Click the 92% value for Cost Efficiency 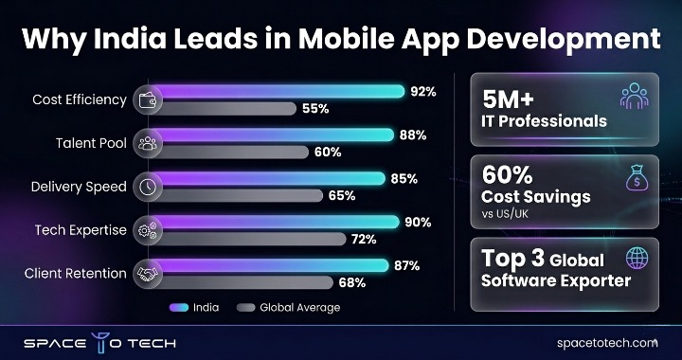pos(422,92)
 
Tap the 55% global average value pos(315,109)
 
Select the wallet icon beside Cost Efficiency pos(147,99)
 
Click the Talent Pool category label pos(93,142)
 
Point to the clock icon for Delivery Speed pos(147,186)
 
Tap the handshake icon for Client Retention pos(147,273)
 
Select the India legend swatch pos(181,307)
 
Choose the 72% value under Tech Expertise pos(364,239)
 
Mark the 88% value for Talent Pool pos(412,135)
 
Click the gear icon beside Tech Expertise pos(147,229)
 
